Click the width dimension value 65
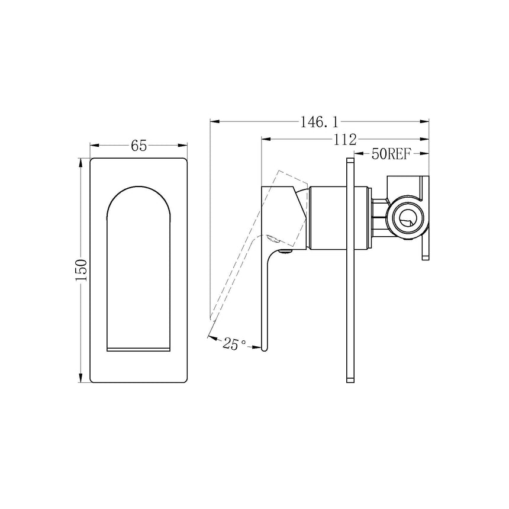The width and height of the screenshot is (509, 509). [138, 146]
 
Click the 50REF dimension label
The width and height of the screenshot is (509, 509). [391, 154]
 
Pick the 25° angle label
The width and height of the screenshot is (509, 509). [235, 343]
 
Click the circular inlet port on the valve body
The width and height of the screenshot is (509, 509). [406, 219]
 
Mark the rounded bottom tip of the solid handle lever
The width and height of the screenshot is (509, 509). [265, 350]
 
